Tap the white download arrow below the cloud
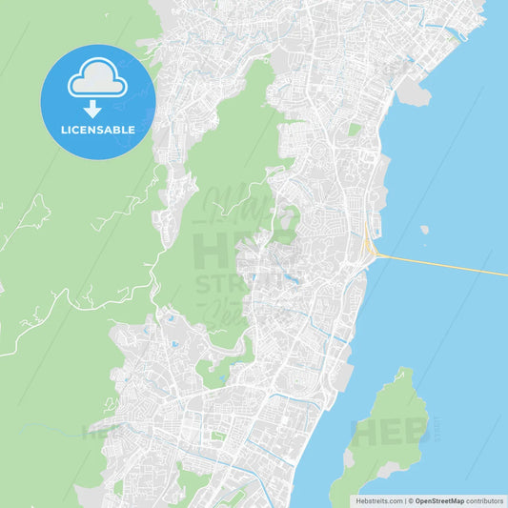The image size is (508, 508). [92, 109]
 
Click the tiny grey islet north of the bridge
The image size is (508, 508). [424, 230]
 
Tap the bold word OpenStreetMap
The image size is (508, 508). [439, 500]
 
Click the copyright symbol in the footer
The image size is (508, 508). [411, 500]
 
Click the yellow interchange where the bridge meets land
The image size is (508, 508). [368, 246]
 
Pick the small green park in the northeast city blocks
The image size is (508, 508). [355, 129]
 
